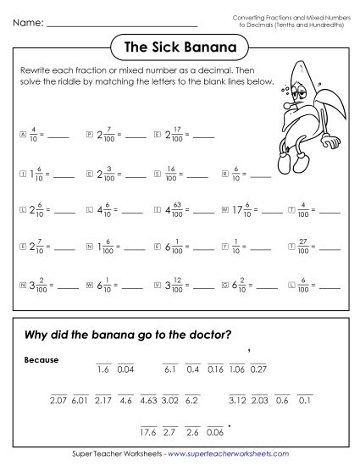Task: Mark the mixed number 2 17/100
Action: (174, 133)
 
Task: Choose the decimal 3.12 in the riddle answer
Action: (237, 399)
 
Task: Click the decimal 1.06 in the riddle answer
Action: (236, 369)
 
